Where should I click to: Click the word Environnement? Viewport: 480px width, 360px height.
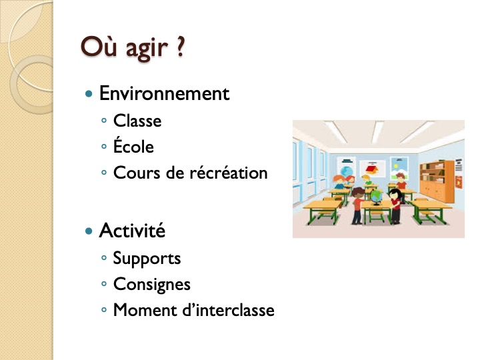165,93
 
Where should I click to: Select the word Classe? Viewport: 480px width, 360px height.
137,121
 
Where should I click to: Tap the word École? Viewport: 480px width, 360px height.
133,145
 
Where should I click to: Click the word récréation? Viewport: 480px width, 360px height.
229,172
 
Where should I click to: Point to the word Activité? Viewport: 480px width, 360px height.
132,230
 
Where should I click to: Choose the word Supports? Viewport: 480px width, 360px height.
147,259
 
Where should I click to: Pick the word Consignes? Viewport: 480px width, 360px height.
152,285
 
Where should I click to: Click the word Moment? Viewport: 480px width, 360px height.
145,310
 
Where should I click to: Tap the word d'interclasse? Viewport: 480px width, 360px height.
229,310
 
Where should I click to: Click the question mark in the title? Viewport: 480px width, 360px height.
181,47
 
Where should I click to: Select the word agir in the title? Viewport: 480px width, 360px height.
147,49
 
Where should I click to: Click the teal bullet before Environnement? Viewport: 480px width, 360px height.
89,94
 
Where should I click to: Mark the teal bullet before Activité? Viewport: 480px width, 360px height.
89,231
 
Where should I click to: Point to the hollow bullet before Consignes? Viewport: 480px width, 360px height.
104,284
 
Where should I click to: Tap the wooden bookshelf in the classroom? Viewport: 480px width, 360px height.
437,181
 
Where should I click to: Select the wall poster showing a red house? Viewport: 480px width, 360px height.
372,168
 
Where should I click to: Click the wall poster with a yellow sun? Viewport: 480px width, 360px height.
399,167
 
